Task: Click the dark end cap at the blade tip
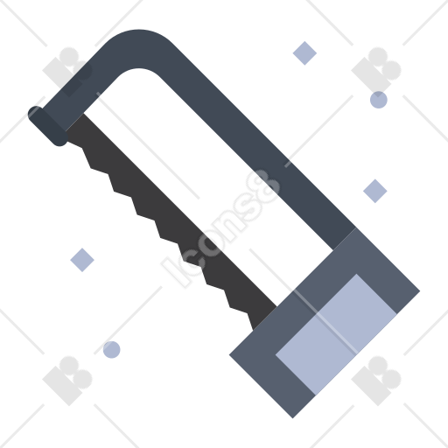tap(48, 126)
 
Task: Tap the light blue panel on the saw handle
tap(336, 334)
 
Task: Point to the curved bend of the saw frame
tap(137, 49)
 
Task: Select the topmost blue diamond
tap(304, 53)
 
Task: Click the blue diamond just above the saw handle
tap(375, 191)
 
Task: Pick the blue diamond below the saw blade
tap(82, 260)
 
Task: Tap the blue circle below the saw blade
tap(112, 349)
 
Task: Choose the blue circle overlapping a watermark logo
tap(379, 100)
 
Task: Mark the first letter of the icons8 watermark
tap(174, 273)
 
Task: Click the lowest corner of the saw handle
tap(293, 418)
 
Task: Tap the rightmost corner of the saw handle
tap(419, 290)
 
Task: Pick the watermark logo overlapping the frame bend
tap(67, 72)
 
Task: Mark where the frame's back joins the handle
tap(345, 239)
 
